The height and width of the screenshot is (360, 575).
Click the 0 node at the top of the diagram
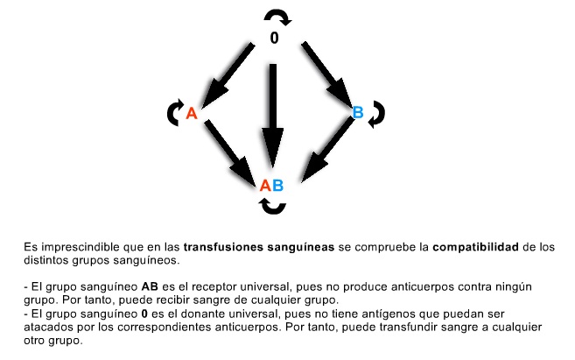point(274,38)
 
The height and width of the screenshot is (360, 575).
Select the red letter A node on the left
point(192,113)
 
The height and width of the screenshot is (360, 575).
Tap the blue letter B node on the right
point(358,112)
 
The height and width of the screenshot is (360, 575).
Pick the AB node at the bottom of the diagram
point(271,186)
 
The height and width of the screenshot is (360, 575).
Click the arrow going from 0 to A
point(228,75)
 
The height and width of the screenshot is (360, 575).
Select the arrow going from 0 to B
point(326,74)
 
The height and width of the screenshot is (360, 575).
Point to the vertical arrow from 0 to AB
point(272,116)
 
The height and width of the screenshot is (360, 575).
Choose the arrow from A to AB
point(230,152)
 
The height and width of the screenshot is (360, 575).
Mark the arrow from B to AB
point(327,150)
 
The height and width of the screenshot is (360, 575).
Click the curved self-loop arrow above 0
point(277,12)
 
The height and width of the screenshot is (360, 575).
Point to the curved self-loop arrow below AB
point(272,210)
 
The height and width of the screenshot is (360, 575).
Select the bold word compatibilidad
point(475,247)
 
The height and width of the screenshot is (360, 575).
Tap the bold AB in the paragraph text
point(150,286)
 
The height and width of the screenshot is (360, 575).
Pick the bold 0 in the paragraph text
point(144,314)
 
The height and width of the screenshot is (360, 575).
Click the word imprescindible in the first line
point(80,247)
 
